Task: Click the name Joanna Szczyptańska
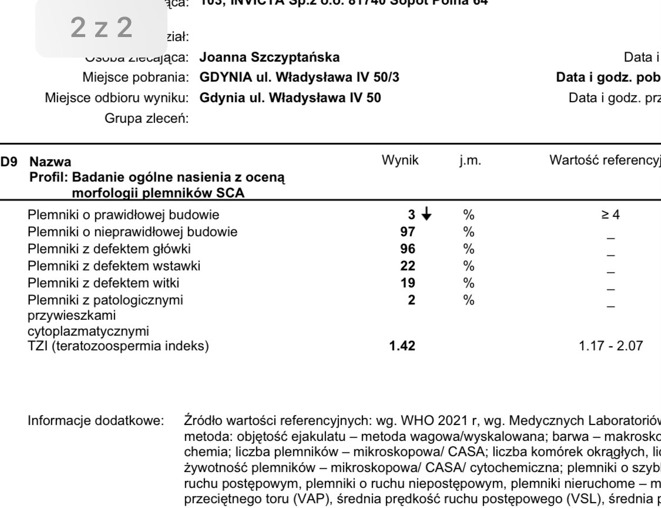pos(269,58)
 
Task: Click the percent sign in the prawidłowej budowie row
pos(468,216)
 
